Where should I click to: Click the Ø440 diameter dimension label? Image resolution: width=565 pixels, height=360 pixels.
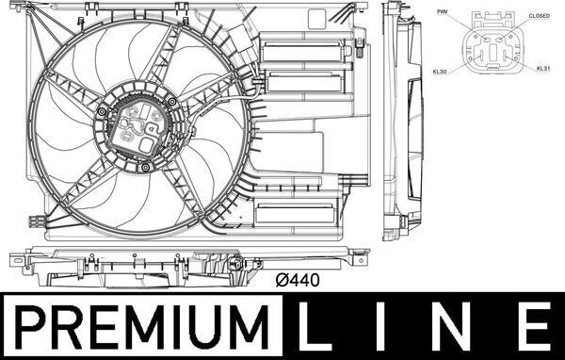297,280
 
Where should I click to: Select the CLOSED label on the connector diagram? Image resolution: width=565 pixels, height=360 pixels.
539,16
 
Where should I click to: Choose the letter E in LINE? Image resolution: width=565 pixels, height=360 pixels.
532,327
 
